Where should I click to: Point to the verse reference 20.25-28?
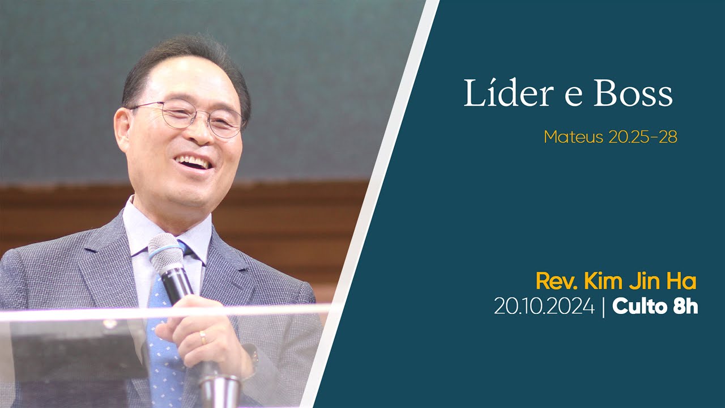pyautogui.click(x=643, y=137)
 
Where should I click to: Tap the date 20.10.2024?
pyautogui.click(x=544, y=307)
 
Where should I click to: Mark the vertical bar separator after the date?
pyautogui.click(x=604, y=307)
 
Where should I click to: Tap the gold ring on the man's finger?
pyautogui.click(x=203, y=338)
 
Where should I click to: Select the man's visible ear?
pyautogui.click(x=123, y=130)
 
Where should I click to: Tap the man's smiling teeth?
pyautogui.click(x=194, y=163)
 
